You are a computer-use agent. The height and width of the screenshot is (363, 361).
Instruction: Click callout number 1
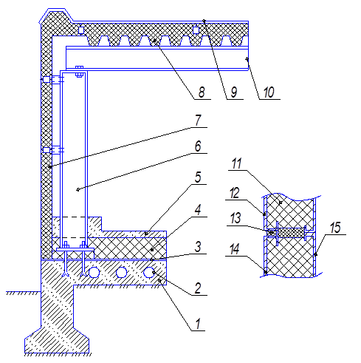click(198, 324)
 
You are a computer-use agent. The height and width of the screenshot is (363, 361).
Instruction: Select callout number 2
click(198, 288)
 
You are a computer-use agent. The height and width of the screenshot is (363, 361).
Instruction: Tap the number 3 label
click(198, 247)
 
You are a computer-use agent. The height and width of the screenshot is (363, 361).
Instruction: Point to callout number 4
click(198, 210)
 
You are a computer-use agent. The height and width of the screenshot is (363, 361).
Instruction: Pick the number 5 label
click(198, 177)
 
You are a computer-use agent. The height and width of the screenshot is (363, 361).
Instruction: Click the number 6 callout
click(198, 146)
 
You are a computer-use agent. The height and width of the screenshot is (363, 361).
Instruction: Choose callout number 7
click(199, 121)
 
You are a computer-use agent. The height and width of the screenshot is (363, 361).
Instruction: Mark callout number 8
click(202, 92)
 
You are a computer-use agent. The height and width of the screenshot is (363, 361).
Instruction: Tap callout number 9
click(234, 92)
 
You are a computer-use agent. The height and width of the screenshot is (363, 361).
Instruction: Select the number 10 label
click(269, 92)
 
